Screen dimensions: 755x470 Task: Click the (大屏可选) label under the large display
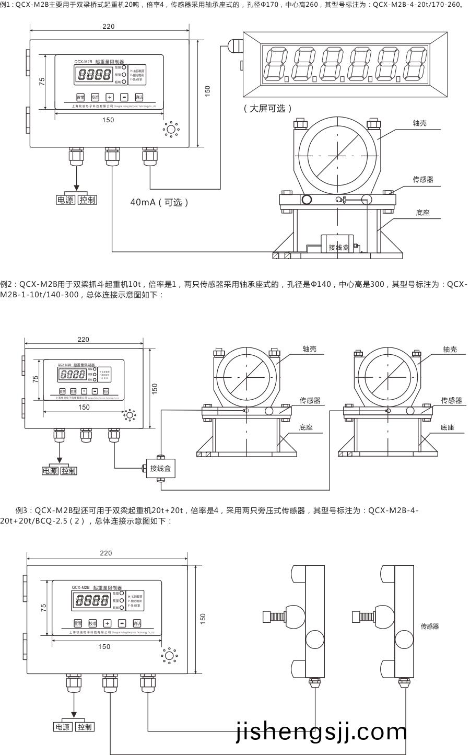267,109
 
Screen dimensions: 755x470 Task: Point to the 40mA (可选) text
159,202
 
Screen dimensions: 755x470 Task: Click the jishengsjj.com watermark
321,733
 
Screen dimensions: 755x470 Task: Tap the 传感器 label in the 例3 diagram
429,626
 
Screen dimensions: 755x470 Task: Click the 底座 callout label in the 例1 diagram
422,213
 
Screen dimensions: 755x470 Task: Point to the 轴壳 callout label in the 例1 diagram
420,123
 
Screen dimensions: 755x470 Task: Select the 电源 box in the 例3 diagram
63,727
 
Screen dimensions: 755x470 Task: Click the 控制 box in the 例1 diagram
88,200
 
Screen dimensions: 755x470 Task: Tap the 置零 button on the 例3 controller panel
78,623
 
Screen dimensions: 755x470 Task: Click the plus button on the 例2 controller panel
84,391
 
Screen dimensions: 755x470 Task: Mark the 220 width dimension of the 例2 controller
84,340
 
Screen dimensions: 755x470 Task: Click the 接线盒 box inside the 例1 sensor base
338,247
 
